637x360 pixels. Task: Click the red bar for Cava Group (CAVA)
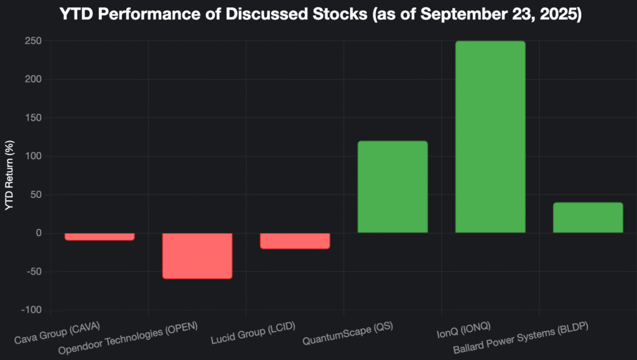[100, 236]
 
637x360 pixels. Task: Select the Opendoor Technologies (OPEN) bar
[197, 256]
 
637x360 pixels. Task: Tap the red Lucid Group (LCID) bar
[295, 241]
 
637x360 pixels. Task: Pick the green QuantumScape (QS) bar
[393, 187]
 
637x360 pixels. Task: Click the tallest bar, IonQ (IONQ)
[490, 137]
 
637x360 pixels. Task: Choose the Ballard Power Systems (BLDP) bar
[588, 218]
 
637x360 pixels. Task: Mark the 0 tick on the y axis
[38, 233]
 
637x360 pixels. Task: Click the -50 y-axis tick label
[32, 272]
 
